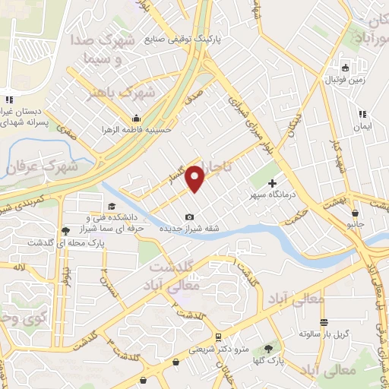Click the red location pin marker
point(196,179)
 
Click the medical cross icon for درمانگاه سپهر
point(273,183)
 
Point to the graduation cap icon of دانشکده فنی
point(112,206)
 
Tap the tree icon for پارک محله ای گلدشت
point(65,229)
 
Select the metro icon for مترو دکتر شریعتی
point(219,336)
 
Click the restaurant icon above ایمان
point(363,114)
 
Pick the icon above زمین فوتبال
point(344,67)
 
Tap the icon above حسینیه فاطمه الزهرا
point(136,118)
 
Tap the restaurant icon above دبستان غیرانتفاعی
point(9,99)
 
